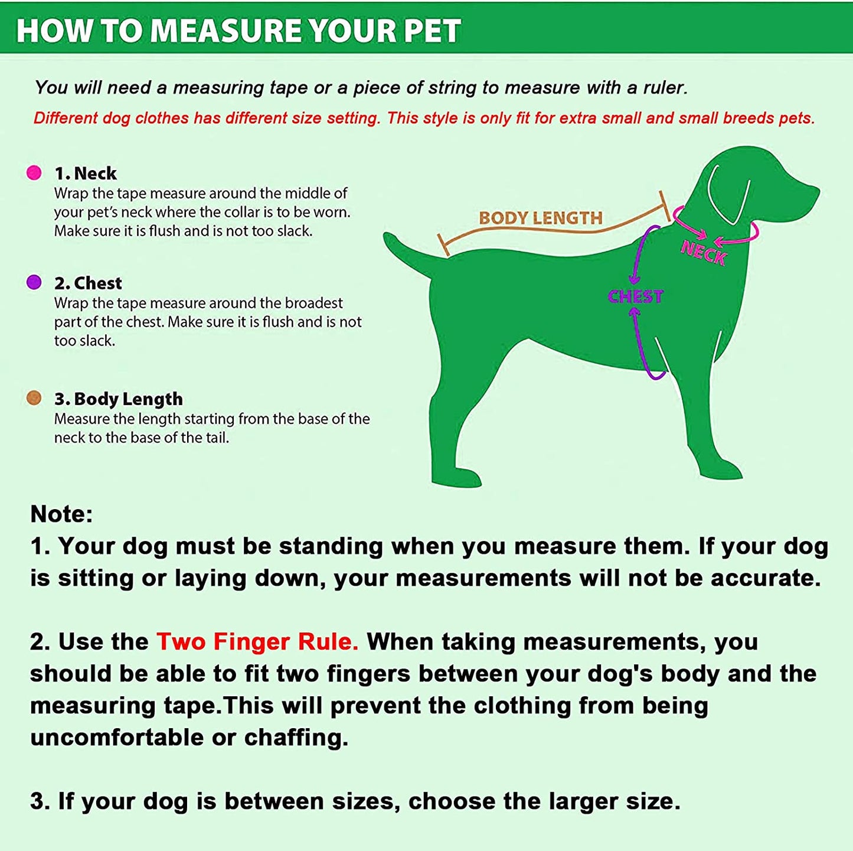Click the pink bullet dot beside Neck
34,172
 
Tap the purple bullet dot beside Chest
34,282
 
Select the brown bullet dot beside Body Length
34,398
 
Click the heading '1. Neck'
86,173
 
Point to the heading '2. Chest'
88,283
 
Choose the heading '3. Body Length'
119,399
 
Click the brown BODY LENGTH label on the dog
541,217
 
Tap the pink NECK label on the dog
704,253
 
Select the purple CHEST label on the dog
635,296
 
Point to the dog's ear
730,194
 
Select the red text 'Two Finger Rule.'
257,641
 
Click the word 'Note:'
61,514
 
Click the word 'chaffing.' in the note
296,738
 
